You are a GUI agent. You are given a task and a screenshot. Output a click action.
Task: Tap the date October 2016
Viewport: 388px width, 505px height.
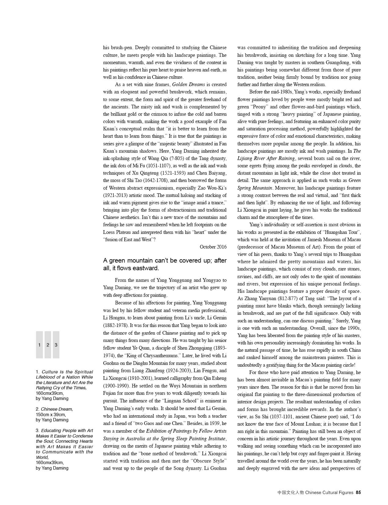point(213,247)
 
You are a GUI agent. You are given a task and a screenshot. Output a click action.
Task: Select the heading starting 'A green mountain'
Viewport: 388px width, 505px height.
point(165,264)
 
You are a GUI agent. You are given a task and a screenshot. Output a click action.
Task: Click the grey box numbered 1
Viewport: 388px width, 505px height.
point(39,345)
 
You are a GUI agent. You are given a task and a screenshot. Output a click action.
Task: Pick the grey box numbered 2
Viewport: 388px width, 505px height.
point(48,345)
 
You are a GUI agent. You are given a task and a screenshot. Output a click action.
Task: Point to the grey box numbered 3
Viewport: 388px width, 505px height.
point(56,345)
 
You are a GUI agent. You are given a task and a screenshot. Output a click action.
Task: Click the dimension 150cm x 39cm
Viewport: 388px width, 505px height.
point(51,414)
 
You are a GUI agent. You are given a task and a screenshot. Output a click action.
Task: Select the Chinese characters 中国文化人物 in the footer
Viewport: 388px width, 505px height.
point(291,492)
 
